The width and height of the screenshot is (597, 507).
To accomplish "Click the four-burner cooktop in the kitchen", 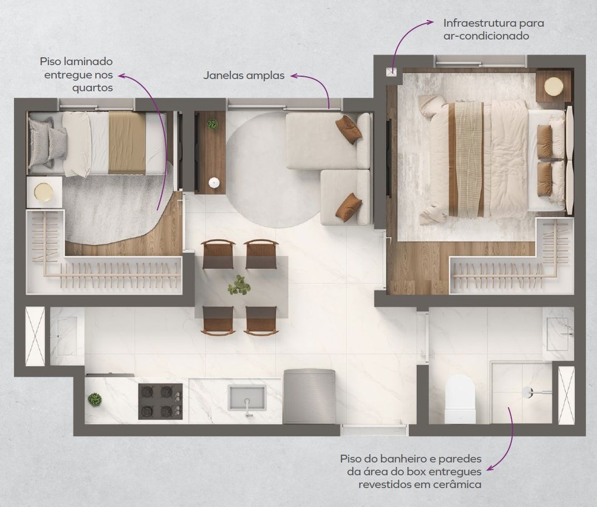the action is pyautogui.click(x=160, y=401).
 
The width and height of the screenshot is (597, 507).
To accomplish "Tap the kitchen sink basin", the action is pyautogui.click(x=247, y=398).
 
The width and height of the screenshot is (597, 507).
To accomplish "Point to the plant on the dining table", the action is pyautogui.click(x=239, y=285).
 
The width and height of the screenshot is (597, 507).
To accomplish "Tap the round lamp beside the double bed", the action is pyautogui.click(x=553, y=86).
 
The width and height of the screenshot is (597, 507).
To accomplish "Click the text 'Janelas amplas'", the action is pyautogui.click(x=244, y=75).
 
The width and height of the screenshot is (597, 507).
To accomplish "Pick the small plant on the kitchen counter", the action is pyautogui.click(x=95, y=400).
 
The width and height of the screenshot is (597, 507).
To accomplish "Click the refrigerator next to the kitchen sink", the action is pyautogui.click(x=309, y=396).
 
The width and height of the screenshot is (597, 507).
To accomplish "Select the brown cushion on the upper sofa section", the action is pyautogui.click(x=348, y=129).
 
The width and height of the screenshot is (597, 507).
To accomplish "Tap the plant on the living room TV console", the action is pyautogui.click(x=213, y=124).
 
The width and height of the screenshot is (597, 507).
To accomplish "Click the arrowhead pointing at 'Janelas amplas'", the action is pyautogui.click(x=294, y=76).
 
